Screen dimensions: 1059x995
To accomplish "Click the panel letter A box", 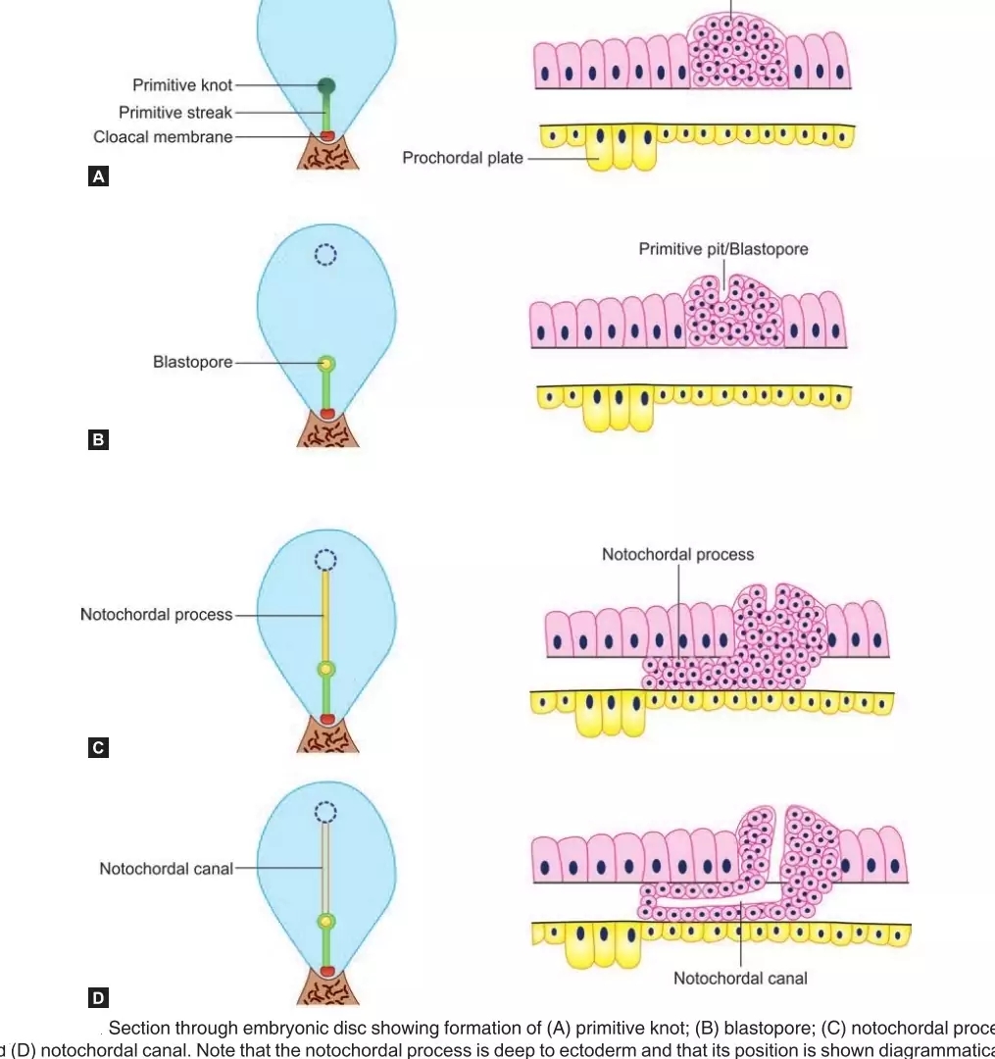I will coord(98,177).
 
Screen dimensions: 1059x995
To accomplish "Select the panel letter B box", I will coord(98,440).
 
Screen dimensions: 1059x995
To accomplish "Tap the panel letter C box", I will coord(98,748).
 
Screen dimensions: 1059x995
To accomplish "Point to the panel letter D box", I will coord(98,998).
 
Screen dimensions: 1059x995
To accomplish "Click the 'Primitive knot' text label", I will coord(182,85).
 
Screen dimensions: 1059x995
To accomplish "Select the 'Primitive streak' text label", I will coord(175,112).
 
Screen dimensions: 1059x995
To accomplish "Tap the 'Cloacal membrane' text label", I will coord(163,137).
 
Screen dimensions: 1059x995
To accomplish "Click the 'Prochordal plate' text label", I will coord(463,157).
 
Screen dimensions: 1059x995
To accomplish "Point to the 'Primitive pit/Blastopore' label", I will coord(723,249).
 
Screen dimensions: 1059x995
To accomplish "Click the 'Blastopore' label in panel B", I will coord(192,362).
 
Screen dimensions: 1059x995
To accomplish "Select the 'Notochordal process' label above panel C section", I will coord(677,555).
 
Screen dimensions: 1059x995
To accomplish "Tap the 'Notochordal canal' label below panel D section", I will coord(740,978).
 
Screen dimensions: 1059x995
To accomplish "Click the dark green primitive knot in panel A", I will coord(326,86).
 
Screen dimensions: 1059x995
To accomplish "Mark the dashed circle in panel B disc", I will coord(325,255).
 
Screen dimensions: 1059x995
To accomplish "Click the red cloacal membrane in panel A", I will coord(327,134).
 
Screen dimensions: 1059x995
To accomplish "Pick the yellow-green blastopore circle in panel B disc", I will coord(327,364).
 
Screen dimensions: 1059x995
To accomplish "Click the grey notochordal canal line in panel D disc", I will coord(326,869).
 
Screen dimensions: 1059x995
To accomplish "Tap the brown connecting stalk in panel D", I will coord(327,988).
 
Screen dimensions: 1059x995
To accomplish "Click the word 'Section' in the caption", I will coord(137,1029).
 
